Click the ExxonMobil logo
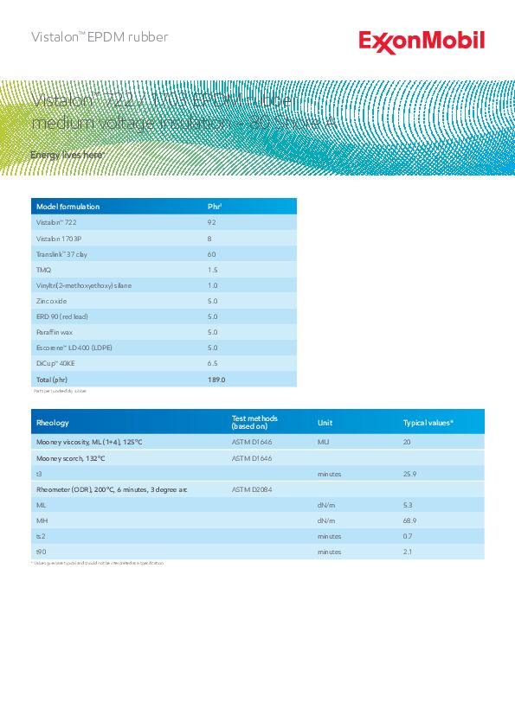pyautogui.click(x=422, y=41)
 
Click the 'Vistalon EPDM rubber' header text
pyautogui.click(x=100, y=37)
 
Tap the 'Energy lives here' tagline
pyautogui.click(x=68, y=155)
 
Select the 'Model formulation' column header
pyautogui.click(x=68, y=207)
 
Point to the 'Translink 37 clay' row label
pyautogui.click(x=61, y=254)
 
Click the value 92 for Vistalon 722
pyautogui.click(x=212, y=222)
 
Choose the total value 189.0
pyautogui.click(x=216, y=380)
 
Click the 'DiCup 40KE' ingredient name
pyautogui.click(x=55, y=363)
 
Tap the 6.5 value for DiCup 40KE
pyautogui.click(x=213, y=363)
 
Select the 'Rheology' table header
pyautogui.click(x=52, y=423)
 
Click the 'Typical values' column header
pyautogui.click(x=428, y=423)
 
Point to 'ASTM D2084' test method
pyautogui.click(x=252, y=489)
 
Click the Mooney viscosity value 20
pyautogui.click(x=408, y=442)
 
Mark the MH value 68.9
pyautogui.click(x=410, y=520)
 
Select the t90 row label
pyautogui.click(x=40, y=552)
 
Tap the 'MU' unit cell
pyautogui.click(x=324, y=442)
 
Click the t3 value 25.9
pyautogui.click(x=410, y=474)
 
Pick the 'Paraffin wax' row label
pyautogui.click(x=55, y=332)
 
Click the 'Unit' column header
pyautogui.click(x=325, y=423)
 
